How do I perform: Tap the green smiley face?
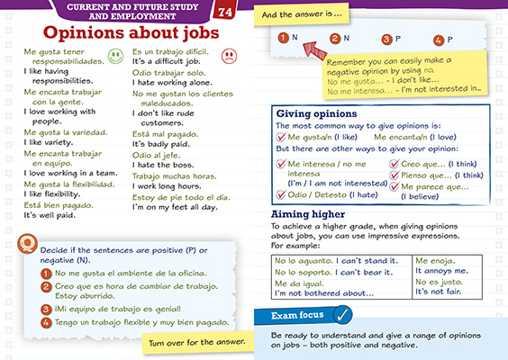[114, 56]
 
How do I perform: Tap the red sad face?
[229, 56]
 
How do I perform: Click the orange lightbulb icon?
[32, 244]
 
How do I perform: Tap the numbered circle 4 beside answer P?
[438, 40]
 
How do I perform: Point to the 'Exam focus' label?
[296, 315]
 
